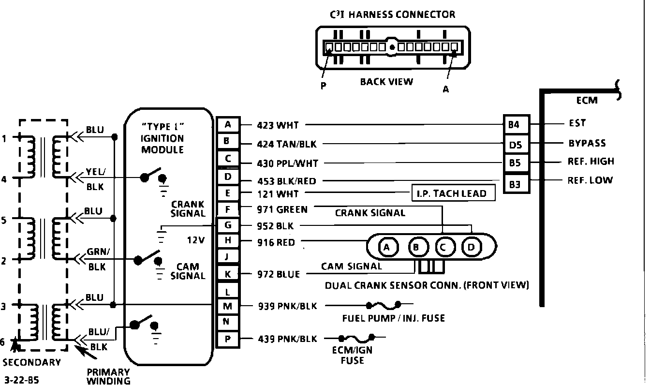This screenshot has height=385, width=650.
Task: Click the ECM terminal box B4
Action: click(514, 125)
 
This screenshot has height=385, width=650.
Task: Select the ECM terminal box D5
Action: click(516, 145)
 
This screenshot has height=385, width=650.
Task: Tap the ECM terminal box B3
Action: click(516, 184)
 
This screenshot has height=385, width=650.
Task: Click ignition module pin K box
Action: click(228, 274)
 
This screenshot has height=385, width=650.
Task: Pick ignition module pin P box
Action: click(228, 339)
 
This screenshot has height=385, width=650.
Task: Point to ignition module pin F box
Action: click(228, 209)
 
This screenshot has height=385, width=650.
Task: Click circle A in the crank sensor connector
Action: click(386, 248)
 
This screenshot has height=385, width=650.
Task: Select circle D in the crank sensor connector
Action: click(471, 248)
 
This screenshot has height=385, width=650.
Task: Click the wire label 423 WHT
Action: click(278, 126)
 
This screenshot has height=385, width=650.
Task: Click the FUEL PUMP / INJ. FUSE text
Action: click(393, 318)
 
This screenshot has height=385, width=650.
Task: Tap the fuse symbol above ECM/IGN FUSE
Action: click(357, 338)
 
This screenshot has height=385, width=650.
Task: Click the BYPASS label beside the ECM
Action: click(587, 144)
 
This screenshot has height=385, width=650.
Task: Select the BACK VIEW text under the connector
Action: click(386, 82)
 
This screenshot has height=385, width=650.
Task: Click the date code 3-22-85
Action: click(21, 380)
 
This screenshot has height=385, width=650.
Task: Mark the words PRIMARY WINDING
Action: click(108, 376)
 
